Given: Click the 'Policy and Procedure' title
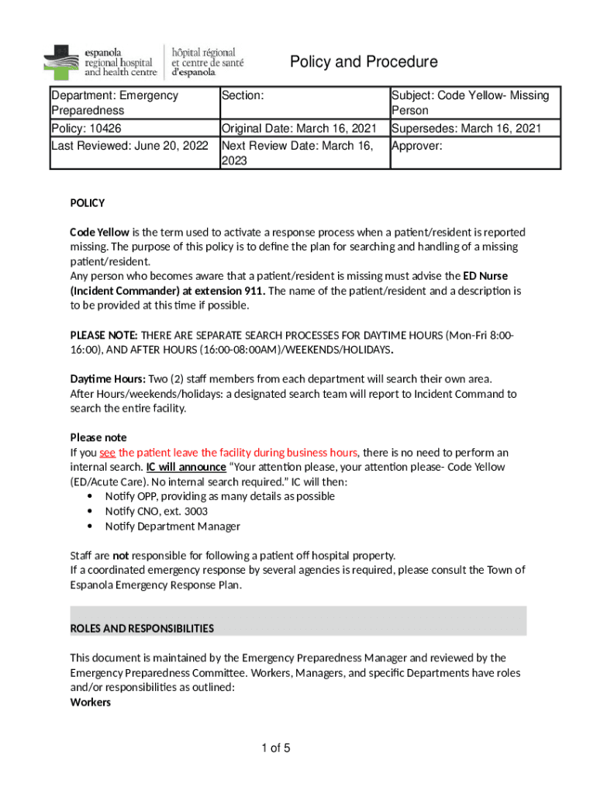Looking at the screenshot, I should click(x=363, y=62).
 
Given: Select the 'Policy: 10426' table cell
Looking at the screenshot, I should click(x=86, y=129).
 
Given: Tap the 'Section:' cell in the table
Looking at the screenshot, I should click(x=243, y=95).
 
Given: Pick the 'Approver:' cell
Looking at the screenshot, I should click(x=417, y=145).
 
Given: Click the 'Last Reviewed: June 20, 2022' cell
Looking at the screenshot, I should click(x=129, y=145).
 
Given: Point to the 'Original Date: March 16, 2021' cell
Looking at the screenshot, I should click(x=299, y=129).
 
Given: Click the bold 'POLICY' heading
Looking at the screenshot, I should click(x=88, y=203).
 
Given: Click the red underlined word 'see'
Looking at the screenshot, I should click(x=107, y=453).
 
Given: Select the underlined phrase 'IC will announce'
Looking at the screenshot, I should click(x=186, y=468).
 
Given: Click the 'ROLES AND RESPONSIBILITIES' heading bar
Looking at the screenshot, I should click(x=298, y=627).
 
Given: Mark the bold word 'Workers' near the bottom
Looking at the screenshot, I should click(x=91, y=703).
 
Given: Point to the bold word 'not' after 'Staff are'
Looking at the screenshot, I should click(x=121, y=556).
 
